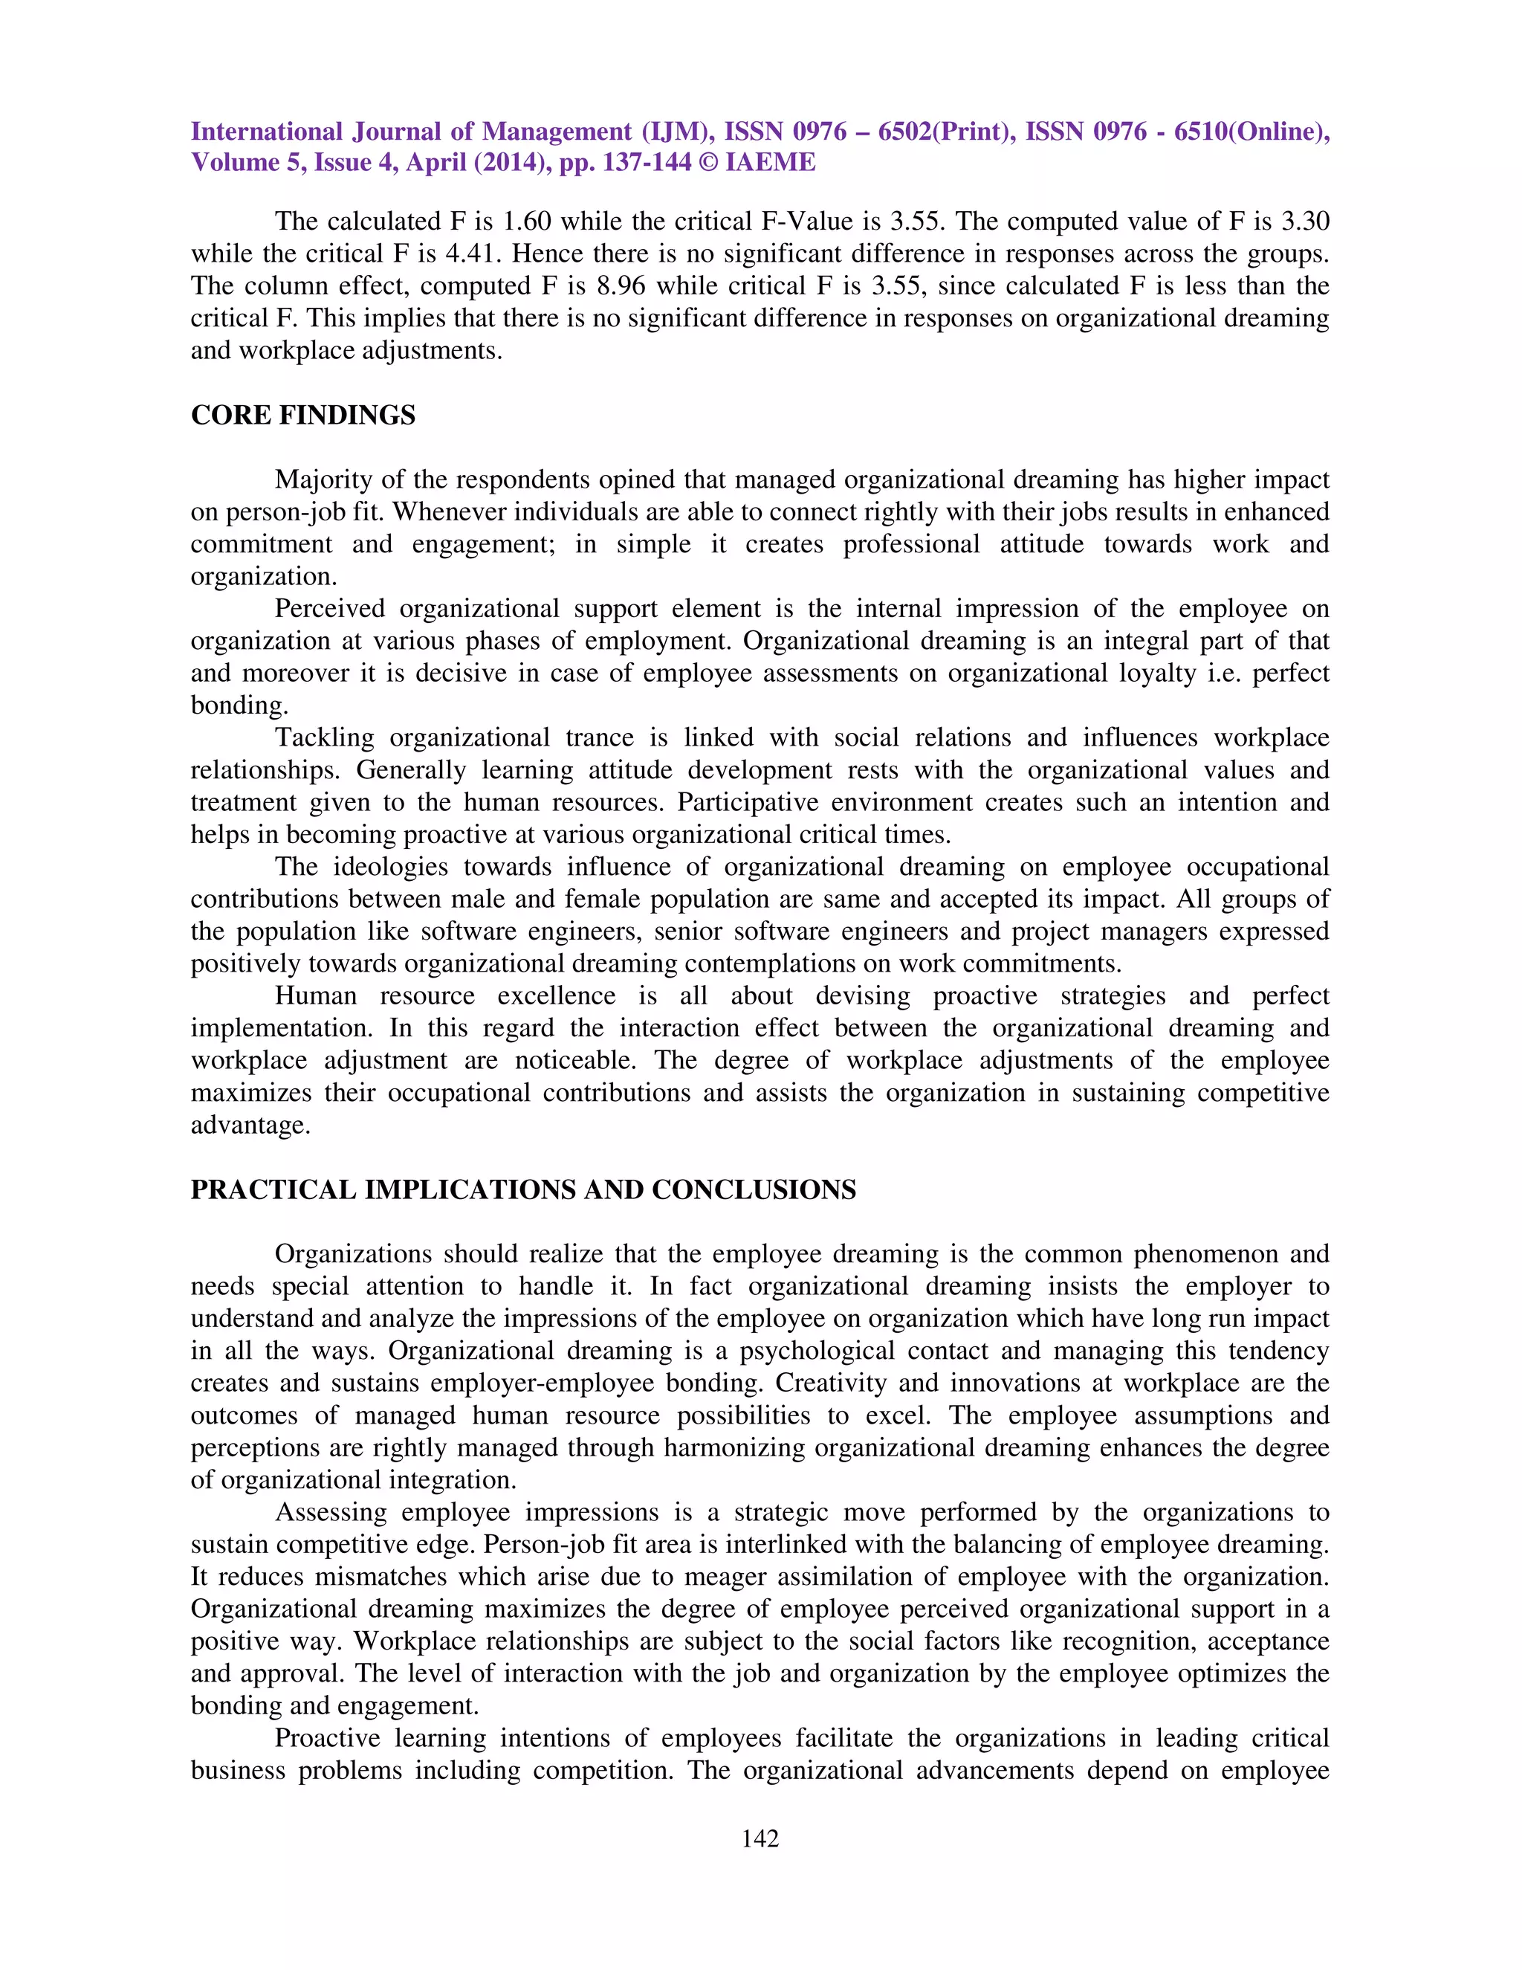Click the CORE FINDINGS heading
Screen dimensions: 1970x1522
[x=303, y=415]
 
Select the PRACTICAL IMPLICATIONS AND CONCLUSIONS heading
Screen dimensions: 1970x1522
[x=523, y=1189]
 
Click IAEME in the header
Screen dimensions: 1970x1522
[x=770, y=162]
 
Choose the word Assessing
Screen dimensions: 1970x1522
[x=331, y=1513]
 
